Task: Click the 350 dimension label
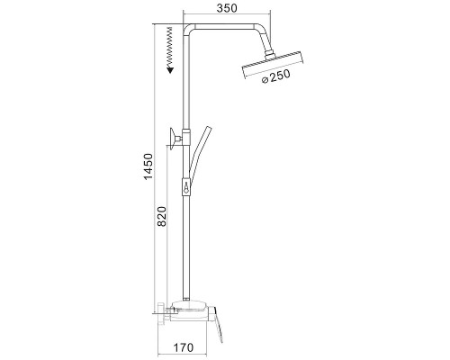(227, 8)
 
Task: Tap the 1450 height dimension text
(148, 166)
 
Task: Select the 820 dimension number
(162, 216)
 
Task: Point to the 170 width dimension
(184, 347)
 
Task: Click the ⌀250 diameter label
(276, 76)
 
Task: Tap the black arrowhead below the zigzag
(171, 70)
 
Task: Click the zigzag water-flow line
(170, 47)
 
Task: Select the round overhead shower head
(273, 66)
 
